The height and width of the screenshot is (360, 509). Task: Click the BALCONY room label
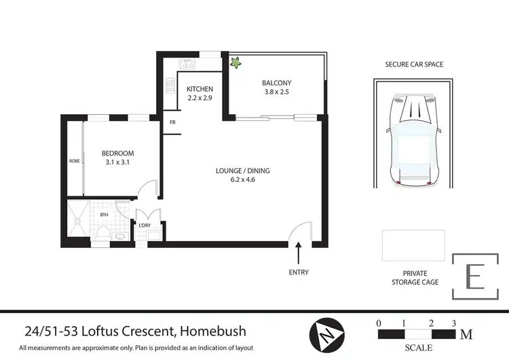point(276,84)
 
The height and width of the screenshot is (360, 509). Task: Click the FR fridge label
point(173,123)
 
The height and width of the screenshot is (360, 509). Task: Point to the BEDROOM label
point(118,154)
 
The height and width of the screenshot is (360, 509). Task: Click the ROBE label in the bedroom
point(74,162)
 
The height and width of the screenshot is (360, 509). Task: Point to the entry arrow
point(299,255)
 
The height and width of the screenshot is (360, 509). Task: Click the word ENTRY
point(299,272)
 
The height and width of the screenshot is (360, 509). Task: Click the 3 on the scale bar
point(454,323)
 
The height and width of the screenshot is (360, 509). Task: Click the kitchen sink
point(186,65)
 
